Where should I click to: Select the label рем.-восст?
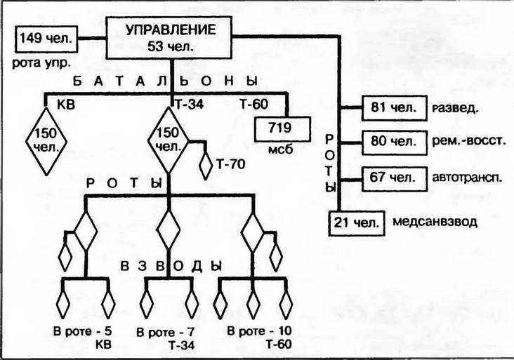[470, 141]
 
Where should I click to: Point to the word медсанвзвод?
[435, 222]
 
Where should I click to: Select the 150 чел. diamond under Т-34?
[170, 140]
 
